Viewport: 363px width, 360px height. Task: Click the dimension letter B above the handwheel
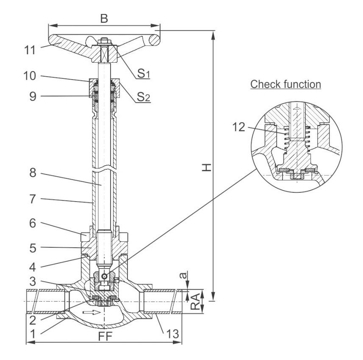point(104,19)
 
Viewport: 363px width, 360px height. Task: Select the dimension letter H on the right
point(207,167)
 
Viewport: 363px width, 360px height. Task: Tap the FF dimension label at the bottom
point(105,336)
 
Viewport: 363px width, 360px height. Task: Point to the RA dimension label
point(195,302)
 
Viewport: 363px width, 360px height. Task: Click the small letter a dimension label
point(183,275)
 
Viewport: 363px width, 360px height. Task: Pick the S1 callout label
point(144,73)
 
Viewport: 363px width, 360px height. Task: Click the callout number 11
point(30,50)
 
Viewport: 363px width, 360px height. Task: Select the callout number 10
point(30,76)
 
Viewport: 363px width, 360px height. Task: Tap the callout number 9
point(33,97)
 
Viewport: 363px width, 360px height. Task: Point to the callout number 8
point(33,173)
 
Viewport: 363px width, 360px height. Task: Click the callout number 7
point(33,199)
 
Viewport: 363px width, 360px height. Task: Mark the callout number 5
point(33,248)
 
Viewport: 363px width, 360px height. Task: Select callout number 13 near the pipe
point(173,334)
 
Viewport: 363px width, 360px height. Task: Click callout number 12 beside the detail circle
point(238,127)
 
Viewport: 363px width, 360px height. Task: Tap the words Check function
point(285,84)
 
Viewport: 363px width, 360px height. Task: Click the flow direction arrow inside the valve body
point(92,313)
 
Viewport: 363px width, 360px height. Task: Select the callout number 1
point(33,334)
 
